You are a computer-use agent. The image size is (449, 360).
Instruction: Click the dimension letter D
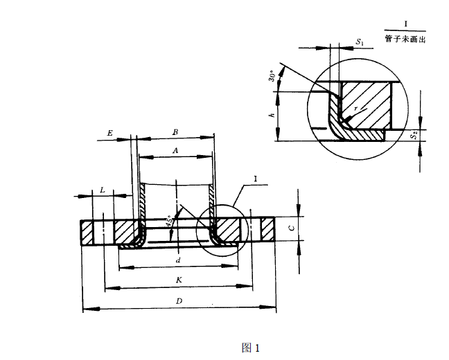[x=179, y=302]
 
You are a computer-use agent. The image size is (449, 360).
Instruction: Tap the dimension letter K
[x=179, y=279]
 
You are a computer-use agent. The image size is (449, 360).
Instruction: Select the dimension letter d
[x=178, y=260]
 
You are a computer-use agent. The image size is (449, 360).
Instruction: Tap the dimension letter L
[x=103, y=189]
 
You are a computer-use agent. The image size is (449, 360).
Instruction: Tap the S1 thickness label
[x=360, y=42]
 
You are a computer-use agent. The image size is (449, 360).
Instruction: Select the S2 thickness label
[x=413, y=136]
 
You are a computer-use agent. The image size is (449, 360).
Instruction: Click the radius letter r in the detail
[x=355, y=109]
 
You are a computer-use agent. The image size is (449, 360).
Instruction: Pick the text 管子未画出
[x=405, y=39]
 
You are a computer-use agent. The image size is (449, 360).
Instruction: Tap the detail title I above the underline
[x=405, y=23]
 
